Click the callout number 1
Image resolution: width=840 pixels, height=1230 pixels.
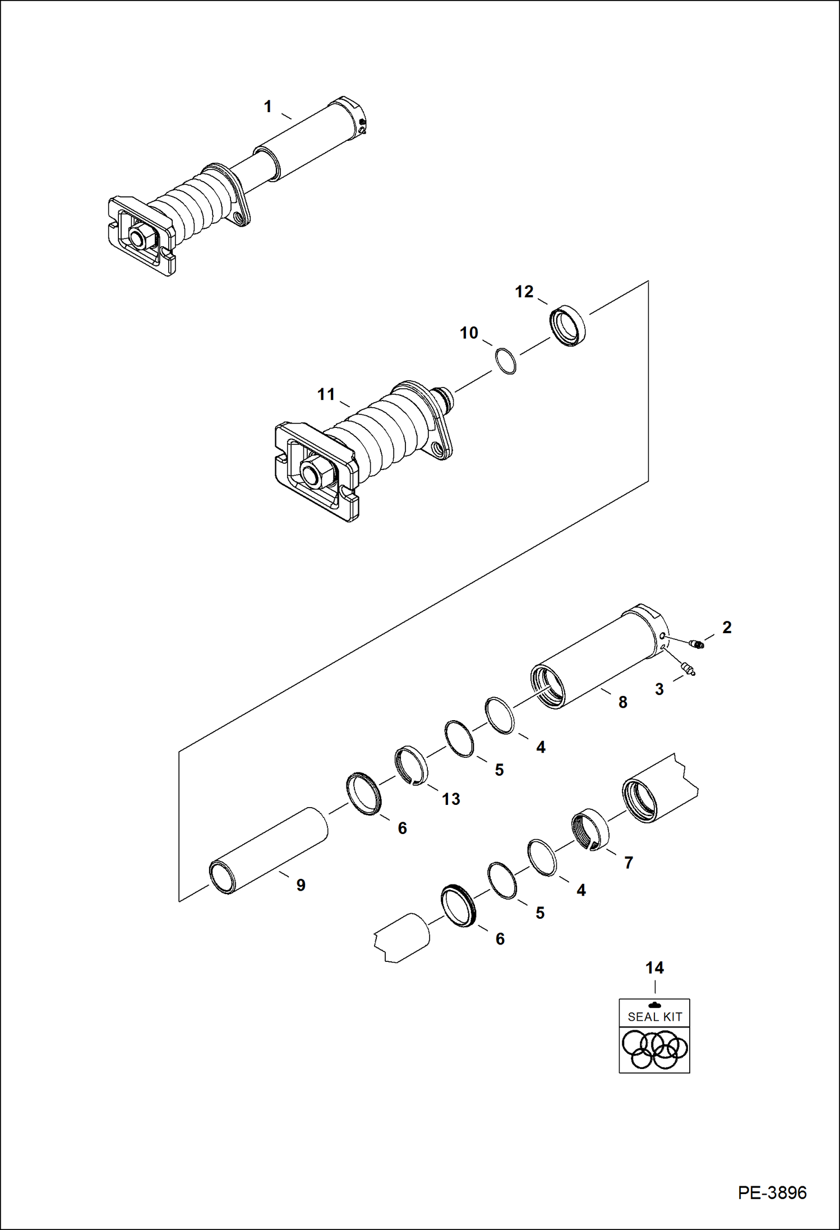[x=268, y=107]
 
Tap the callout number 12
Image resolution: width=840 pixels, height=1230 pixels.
[x=524, y=292]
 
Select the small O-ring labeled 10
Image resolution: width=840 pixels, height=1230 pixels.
[x=506, y=361]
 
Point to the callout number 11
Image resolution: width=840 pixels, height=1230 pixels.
[x=326, y=394]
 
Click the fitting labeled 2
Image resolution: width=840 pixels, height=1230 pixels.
[x=697, y=644]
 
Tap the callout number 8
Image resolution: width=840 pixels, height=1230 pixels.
[x=622, y=702]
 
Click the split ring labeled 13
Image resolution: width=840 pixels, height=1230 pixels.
[x=412, y=766]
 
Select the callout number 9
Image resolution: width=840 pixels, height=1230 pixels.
[x=301, y=885]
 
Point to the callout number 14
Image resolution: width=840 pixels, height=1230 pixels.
[x=654, y=968]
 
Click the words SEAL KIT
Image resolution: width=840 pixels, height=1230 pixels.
[x=654, y=1016]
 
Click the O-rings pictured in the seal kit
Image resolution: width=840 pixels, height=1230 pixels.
[x=654, y=1049]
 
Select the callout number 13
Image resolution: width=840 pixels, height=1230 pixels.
[x=451, y=799]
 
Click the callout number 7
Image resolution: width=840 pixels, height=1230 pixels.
[x=629, y=863]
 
